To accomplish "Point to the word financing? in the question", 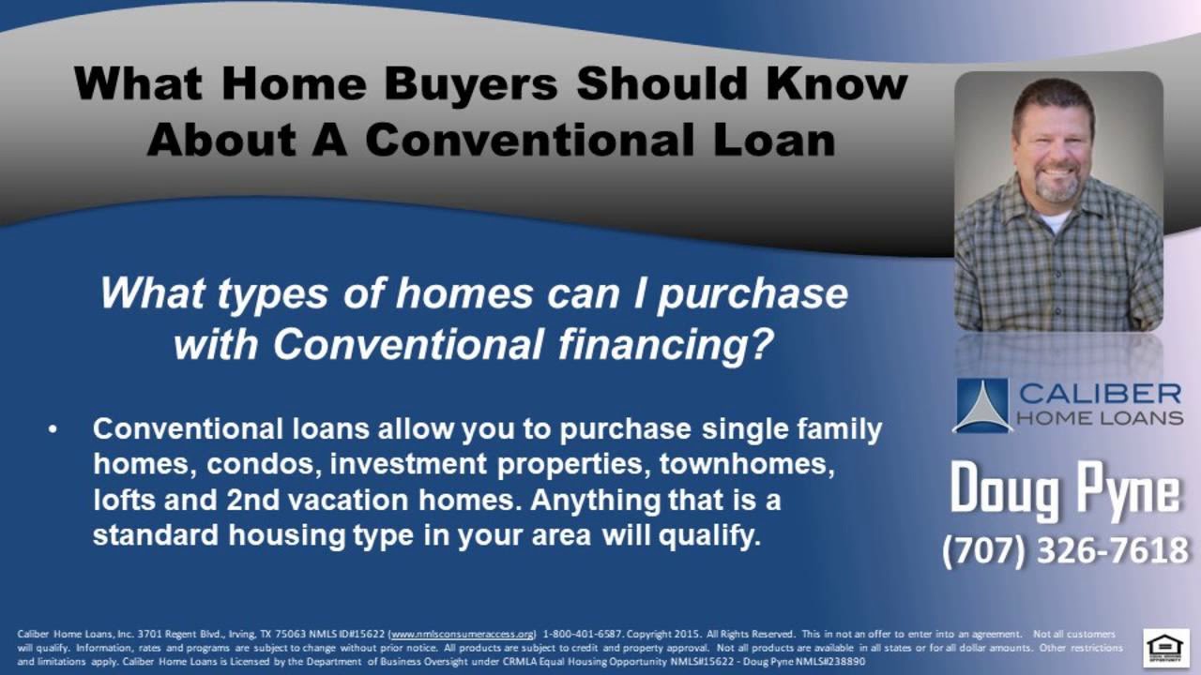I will [664, 346].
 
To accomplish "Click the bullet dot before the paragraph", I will [53, 430].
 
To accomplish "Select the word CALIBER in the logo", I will [1100, 392].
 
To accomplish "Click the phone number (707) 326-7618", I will [1065, 550].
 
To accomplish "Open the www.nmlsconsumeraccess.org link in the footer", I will [463, 635].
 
